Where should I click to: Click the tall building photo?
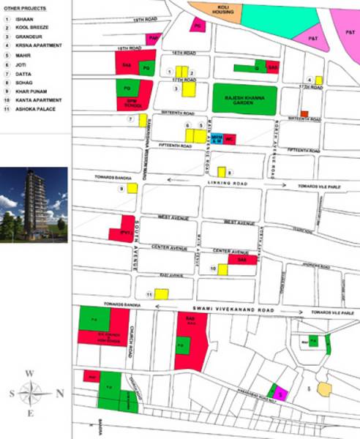coord(34,205)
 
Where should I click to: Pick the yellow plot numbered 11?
coord(161,294)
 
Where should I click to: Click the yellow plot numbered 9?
coord(132,188)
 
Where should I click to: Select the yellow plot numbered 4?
coord(319,80)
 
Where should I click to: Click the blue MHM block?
coord(216,138)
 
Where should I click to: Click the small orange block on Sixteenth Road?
coord(304,113)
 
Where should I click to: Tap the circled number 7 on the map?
coord(131,119)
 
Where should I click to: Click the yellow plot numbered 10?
coord(222,269)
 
